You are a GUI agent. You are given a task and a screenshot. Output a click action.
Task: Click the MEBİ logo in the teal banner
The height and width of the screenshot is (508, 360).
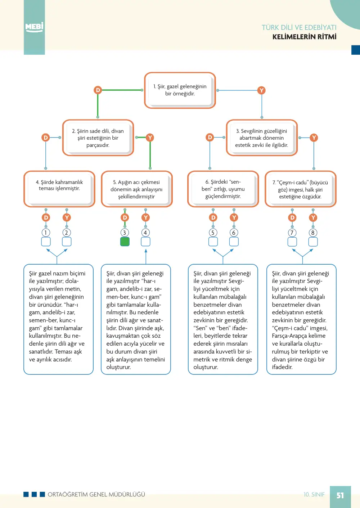(34, 27)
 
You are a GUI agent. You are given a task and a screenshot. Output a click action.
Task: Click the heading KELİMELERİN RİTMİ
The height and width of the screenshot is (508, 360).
(304, 37)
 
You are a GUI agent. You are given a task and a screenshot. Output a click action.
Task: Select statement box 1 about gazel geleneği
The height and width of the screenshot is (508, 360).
(180, 90)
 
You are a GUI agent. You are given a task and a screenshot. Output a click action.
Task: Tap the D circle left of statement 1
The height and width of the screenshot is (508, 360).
(98, 90)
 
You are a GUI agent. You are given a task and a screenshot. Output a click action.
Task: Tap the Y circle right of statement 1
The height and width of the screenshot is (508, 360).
(262, 90)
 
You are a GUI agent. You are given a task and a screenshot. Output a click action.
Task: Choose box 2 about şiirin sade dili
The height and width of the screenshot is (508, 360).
(98, 138)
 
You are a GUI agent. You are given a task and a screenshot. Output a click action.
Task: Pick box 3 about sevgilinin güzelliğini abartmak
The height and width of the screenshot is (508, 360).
(262, 138)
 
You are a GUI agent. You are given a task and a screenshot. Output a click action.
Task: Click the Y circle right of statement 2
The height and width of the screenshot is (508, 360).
(150, 138)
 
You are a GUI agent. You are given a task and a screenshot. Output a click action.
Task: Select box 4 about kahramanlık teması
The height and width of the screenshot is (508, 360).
(59, 189)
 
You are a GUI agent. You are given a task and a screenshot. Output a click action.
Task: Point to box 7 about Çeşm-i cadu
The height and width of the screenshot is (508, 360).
(300, 189)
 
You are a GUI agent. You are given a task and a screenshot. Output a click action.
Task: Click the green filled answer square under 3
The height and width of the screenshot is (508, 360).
(125, 242)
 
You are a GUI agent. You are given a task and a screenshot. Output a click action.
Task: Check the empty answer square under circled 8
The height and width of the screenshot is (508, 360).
(313, 242)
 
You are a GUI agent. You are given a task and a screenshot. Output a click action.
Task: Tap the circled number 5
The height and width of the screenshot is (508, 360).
(213, 233)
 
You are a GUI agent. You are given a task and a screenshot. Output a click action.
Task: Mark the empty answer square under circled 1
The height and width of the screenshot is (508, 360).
(46, 242)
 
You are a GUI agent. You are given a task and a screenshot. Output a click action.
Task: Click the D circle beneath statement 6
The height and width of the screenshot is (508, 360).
(213, 218)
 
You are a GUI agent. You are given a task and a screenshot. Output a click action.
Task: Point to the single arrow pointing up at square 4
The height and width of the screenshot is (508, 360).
(146, 256)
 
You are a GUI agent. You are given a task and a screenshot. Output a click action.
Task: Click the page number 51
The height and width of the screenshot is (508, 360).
(340, 495)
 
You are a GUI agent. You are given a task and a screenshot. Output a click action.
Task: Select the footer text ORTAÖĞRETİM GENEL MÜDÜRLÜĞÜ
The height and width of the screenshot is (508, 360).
(96, 494)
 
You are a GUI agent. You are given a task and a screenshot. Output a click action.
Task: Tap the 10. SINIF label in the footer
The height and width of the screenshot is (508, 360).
(314, 494)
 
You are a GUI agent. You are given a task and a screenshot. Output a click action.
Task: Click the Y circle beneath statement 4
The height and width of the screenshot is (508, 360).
(67, 218)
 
